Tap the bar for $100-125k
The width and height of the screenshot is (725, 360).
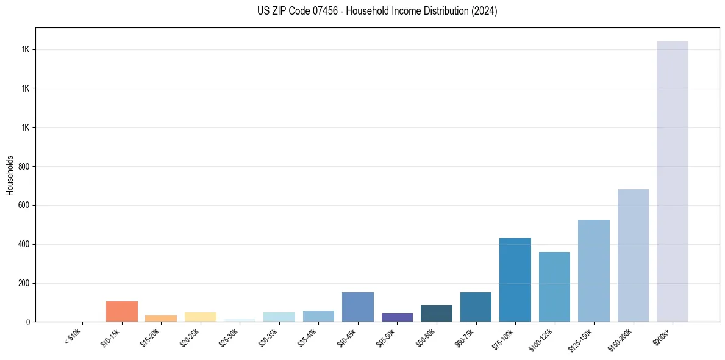coord(554,286)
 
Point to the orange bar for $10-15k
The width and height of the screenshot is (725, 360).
coord(122,311)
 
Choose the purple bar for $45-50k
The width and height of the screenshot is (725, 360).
coord(397,317)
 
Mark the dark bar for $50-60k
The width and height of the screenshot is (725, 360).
coord(436,313)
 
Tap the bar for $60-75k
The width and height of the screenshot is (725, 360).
coord(476,306)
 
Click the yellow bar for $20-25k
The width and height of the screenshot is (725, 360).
coord(201,317)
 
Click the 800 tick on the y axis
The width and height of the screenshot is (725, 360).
coord(24,167)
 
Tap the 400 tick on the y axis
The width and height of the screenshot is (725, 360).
coord(24,244)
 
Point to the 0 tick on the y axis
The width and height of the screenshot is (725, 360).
coord(28,322)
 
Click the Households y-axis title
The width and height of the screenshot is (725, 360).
coord(10,175)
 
